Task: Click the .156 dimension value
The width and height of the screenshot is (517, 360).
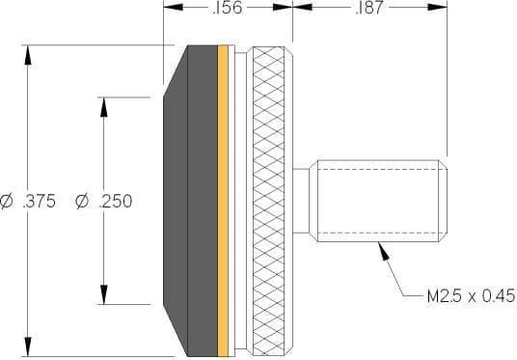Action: tap(228, 8)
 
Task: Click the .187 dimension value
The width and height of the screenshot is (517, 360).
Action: tap(369, 8)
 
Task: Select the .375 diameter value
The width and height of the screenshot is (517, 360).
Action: tap(40, 202)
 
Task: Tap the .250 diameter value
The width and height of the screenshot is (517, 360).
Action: tap(116, 202)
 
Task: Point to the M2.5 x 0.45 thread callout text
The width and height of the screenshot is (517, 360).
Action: tap(471, 295)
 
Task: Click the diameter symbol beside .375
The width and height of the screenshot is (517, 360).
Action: tap(6, 202)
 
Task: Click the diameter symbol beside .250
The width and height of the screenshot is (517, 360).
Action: tap(82, 202)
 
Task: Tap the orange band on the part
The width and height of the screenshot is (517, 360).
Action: tap(223, 201)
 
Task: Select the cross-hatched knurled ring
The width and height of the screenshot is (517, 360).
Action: tap(268, 201)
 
